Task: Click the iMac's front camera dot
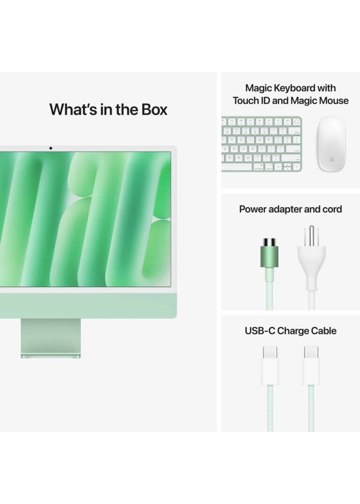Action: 51,148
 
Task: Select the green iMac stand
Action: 51,338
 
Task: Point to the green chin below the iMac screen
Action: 88,306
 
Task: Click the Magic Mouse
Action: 332,143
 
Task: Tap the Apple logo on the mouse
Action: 332,159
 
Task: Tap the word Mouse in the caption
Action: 334,101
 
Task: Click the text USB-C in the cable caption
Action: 260,331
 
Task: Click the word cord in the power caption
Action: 332,209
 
